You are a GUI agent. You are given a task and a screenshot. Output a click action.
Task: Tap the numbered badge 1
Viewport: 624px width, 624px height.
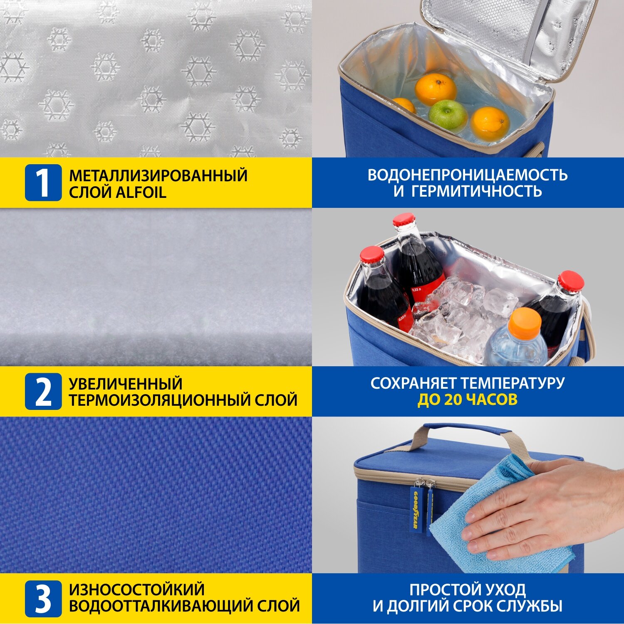43,183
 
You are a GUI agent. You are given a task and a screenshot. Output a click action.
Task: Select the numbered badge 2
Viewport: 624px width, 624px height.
43,391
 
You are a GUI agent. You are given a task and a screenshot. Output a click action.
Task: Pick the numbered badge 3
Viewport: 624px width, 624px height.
43,599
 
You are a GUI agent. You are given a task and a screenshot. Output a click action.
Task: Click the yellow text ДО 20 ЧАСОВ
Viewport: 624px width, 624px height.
467,400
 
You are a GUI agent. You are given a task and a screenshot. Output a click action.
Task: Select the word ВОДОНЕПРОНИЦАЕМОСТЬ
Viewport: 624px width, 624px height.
468,175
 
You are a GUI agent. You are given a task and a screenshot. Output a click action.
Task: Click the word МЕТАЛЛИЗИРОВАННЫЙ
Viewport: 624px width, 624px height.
158,176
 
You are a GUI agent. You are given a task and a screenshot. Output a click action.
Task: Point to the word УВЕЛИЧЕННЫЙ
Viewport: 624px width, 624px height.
126,383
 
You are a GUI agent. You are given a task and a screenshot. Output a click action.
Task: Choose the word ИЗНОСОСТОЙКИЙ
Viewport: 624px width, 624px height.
137,589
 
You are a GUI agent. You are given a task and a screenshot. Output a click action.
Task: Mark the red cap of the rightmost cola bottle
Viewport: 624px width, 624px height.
571,280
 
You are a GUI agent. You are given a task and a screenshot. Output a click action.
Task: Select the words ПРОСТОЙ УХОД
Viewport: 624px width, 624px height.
468,590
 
